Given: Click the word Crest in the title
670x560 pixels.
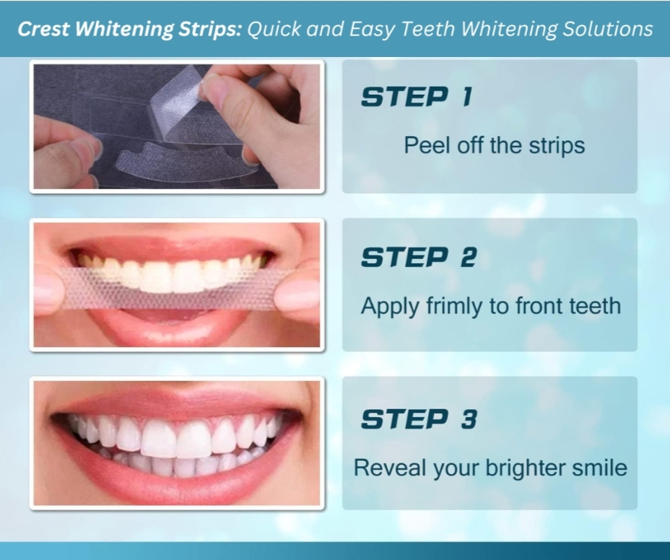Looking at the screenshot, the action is click(x=43, y=29).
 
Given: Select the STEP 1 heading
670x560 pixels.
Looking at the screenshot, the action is click(x=417, y=97).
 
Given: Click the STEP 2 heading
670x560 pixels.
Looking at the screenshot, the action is click(x=419, y=257).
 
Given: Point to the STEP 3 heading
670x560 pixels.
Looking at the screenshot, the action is click(x=419, y=419).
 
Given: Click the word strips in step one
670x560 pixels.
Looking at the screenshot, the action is click(x=557, y=146).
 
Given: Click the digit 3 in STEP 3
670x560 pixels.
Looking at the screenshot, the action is click(x=469, y=419).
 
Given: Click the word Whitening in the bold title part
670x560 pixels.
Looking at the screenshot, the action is click(x=125, y=30).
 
